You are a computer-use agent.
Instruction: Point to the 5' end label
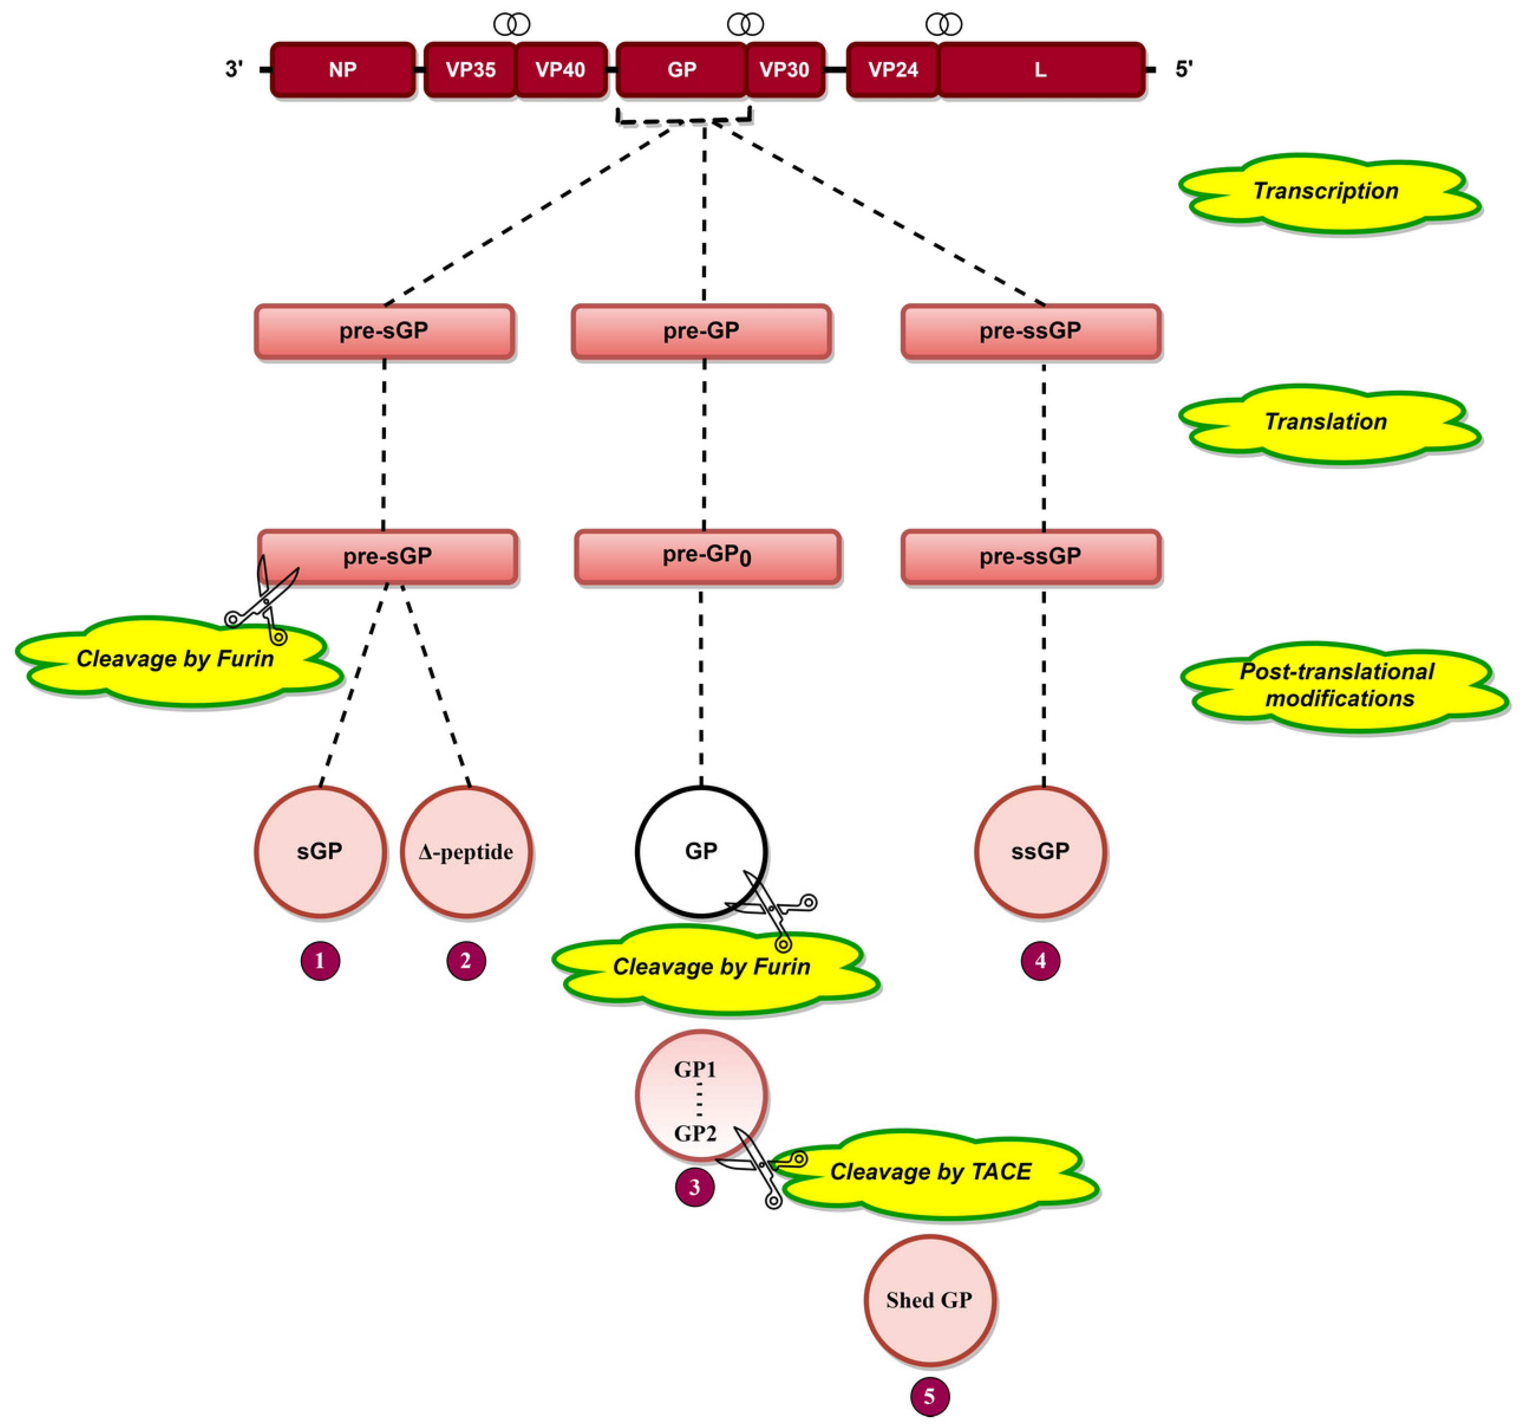coord(1183,70)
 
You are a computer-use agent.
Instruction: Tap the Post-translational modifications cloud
coord(1338,685)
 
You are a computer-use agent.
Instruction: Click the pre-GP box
coord(701,331)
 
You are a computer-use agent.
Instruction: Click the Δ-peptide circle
coord(466,852)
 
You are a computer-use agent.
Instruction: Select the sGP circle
coord(320,852)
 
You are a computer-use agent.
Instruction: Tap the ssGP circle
coord(1040,852)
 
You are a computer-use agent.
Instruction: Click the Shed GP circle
coord(929,1301)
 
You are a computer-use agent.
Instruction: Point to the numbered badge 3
coord(694,1188)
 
